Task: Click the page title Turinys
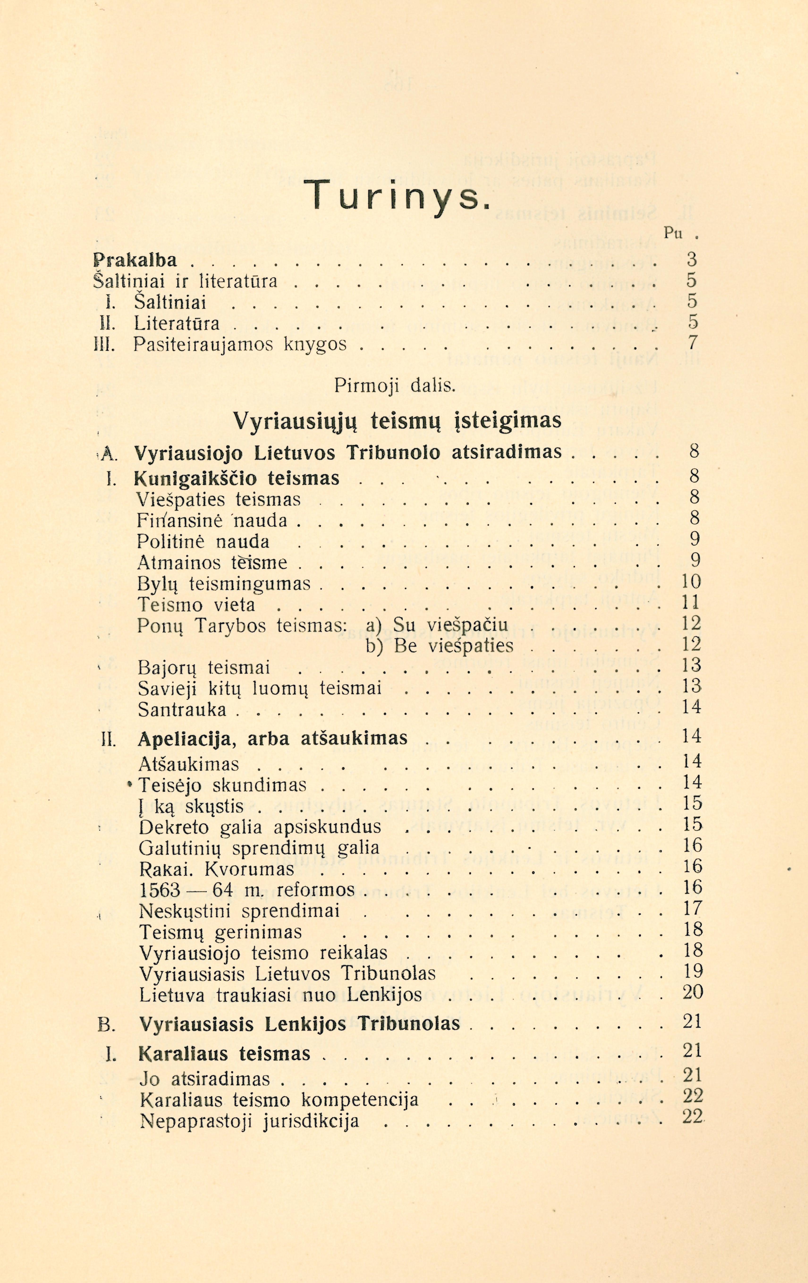398,196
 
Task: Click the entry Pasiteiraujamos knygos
240,344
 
